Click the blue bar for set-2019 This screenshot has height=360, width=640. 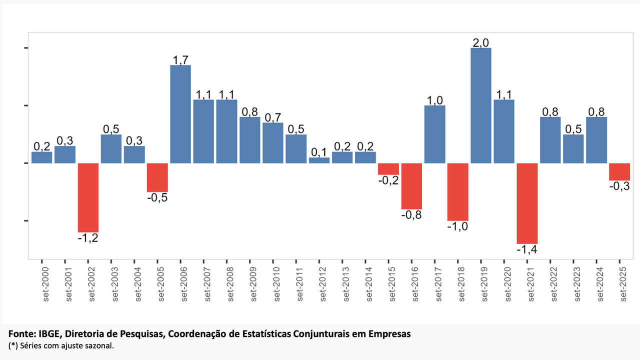pyautogui.click(x=480, y=105)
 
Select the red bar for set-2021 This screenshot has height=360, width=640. pyautogui.click(x=527, y=203)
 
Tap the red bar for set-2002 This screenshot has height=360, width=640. pyautogui.click(x=88, y=197)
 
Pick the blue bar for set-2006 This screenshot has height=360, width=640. pyautogui.click(x=180, y=114)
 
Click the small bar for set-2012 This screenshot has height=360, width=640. pyautogui.click(x=319, y=160)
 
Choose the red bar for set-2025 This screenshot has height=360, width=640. pyautogui.click(x=619, y=172)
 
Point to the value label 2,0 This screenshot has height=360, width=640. pyautogui.click(x=480, y=43)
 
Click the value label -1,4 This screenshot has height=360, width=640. pyautogui.click(x=527, y=249)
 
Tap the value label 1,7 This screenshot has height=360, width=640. pyautogui.click(x=180, y=60)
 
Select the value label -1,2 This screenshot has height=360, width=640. pyautogui.click(x=88, y=237)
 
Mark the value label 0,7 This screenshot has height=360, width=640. pyautogui.click(x=273, y=117)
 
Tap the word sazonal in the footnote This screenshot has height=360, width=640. pyautogui.click(x=100, y=345)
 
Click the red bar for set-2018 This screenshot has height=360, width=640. pyautogui.click(x=457, y=191)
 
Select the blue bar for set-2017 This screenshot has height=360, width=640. pyautogui.click(x=434, y=134)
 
